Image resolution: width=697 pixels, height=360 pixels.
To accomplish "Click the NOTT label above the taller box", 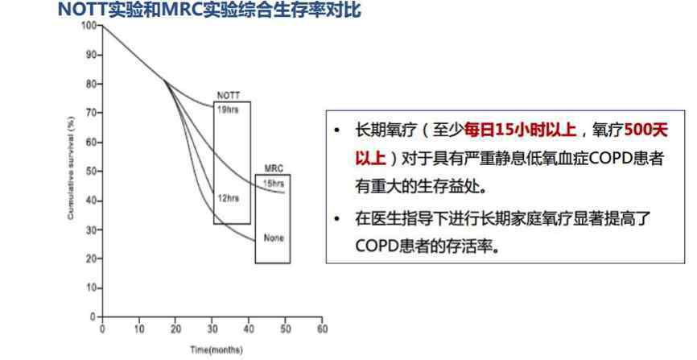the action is tap(229, 96).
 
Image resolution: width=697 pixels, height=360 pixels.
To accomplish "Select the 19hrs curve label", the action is tap(228, 110).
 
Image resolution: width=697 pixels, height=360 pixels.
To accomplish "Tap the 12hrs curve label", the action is tap(228, 198).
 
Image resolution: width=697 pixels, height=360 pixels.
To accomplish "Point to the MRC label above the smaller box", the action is tap(274, 168).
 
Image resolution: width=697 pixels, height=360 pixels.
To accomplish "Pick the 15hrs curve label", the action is tap(274, 184).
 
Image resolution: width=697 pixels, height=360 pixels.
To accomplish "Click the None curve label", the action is tap(274, 238).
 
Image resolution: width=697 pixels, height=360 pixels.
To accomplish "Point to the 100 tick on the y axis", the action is tap(89, 25).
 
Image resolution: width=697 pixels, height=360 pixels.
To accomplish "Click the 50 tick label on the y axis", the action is tap(92, 172).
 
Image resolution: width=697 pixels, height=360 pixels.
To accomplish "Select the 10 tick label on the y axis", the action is tap(92, 288).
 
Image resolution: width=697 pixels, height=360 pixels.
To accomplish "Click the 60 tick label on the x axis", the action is tap(322, 329).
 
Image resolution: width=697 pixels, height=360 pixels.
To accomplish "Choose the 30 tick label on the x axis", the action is tap(212, 329).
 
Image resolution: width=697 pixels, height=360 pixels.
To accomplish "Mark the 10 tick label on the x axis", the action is tap(139, 329).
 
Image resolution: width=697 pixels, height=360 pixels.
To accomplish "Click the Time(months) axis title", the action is tap(217, 350).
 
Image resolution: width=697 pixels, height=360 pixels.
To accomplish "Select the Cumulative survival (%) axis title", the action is tap(71, 168).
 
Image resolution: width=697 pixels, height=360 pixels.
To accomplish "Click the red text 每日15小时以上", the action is tap(520, 130).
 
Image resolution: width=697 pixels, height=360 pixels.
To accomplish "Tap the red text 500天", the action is tap(646, 130).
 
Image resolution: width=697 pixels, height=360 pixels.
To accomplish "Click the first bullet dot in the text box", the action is tap(337, 130).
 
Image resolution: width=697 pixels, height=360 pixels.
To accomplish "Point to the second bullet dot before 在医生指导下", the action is tap(337, 219).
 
